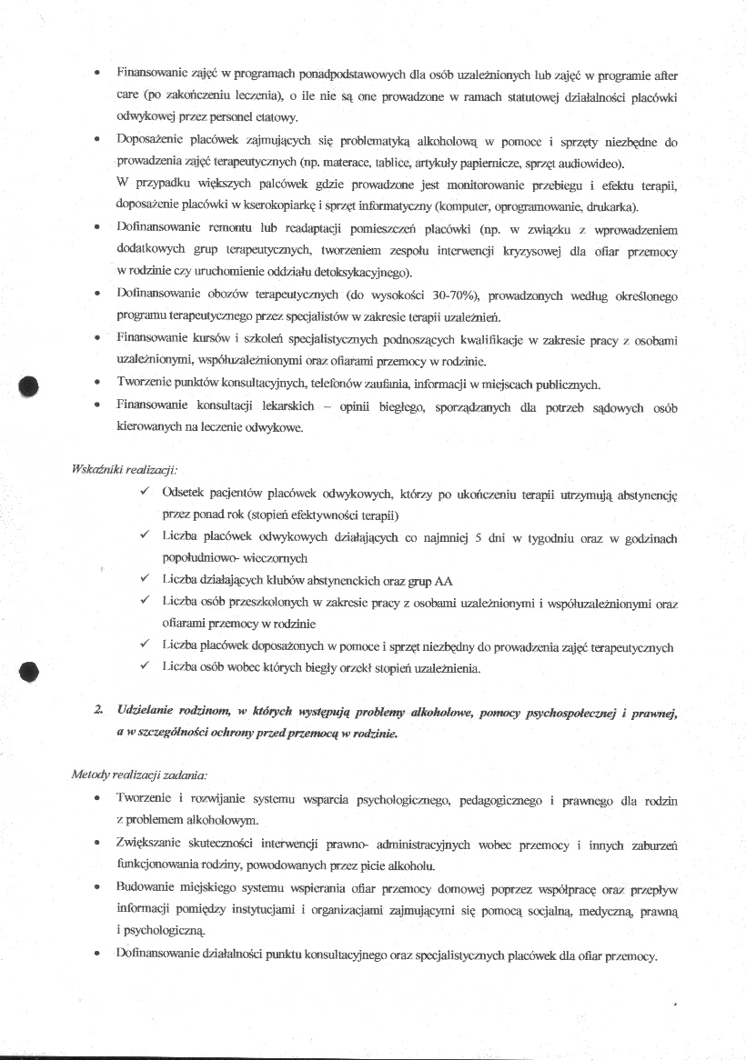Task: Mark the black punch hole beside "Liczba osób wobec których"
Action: tap(30, 671)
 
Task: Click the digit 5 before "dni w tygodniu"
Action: tap(490, 537)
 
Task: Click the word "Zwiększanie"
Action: tap(153, 845)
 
